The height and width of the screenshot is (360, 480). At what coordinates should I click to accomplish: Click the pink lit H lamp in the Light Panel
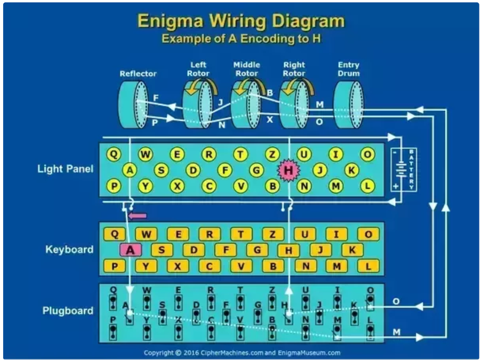pyautogui.click(x=288, y=170)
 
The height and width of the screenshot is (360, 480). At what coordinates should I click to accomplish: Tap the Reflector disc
pyautogui.click(x=133, y=104)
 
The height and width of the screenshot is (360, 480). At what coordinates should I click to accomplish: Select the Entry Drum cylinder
pyautogui.click(x=348, y=104)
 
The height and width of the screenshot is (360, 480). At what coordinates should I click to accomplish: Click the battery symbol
pyautogui.click(x=403, y=169)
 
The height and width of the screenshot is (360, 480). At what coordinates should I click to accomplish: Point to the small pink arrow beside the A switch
pyautogui.click(x=137, y=216)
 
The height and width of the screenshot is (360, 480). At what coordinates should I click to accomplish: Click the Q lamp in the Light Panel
pyautogui.click(x=114, y=154)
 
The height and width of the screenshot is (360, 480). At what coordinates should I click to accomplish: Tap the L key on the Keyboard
pyautogui.click(x=368, y=266)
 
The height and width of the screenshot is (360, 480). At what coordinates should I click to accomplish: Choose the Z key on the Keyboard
pyautogui.click(x=272, y=234)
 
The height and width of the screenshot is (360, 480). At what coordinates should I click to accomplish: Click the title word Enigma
pyautogui.click(x=170, y=21)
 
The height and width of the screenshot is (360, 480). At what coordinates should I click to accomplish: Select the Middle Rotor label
pyautogui.click(x=247, y=69)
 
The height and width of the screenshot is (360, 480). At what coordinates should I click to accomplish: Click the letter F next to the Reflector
pyautogui.click(x=156, y=98)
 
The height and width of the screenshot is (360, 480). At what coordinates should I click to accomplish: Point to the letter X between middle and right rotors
pyautogui.click(x=270, y=119)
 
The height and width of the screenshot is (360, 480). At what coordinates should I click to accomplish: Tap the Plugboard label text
pyautogui.click(x=68, y=311)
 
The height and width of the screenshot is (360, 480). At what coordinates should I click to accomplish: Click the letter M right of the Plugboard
pyautogui.click(x=396, y=332)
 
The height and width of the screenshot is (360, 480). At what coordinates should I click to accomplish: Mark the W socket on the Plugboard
pyautogui.click(x=147, y=302)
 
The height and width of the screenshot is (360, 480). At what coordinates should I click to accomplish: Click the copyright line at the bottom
pyautogui.click(x=242, y=352)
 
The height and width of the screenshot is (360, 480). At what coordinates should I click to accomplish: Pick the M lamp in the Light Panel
pyautogui.click(x=336, y=186)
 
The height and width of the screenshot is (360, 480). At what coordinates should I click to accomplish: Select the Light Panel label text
pyautogui.click(x=65, y=169)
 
